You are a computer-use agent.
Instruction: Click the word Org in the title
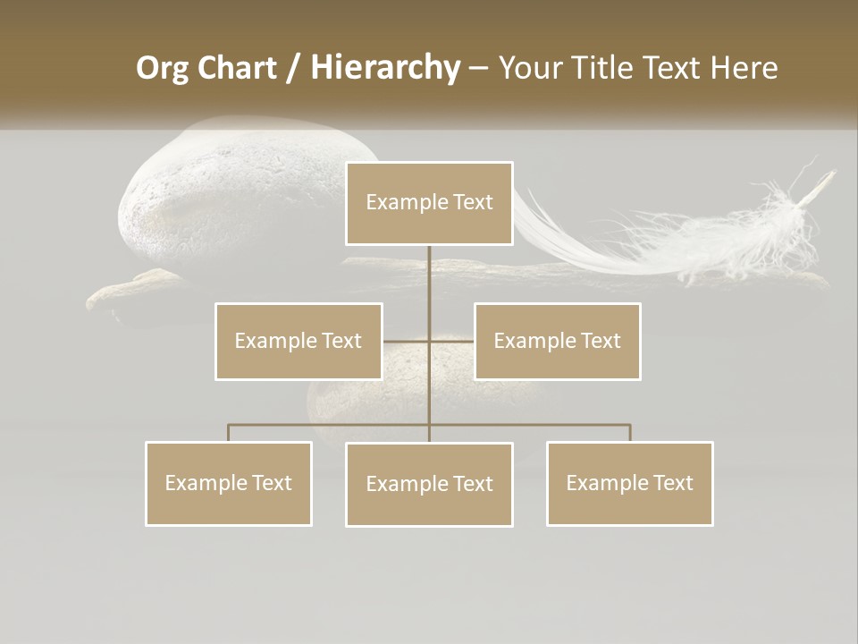pyautogui.click(x=162, y=68)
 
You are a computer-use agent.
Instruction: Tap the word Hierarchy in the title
pyautogui.click(x=385, y=68)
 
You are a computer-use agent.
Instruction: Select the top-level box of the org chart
pyautogui.click(x=429, y=203)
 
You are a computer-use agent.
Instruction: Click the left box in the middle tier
pyautogui.click(x=299, y=341)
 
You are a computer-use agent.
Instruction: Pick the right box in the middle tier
pyautogui.click(x=558, y=341)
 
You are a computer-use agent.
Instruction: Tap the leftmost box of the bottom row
pyautogui.click(x=229, y=483)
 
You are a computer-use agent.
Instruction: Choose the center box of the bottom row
pyautogui.click(x=429, y=484)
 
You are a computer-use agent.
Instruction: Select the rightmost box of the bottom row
pyautogui.click(x=630, y=483)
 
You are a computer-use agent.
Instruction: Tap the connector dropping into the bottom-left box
pyautogui.click(x=229, y=433)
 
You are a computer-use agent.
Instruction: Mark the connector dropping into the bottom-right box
pyautogui.click(x=630, y=433)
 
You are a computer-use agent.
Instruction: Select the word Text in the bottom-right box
pyautogui.click(x=674, y=483)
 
